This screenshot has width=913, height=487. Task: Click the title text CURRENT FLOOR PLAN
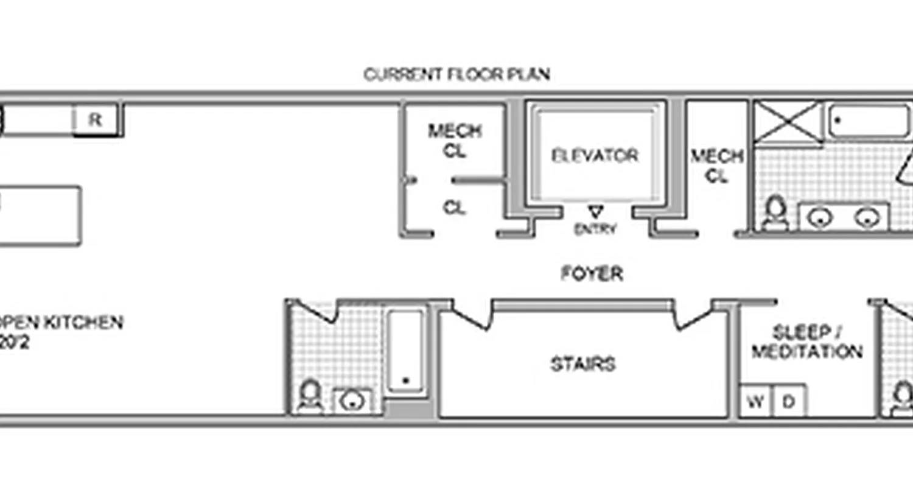pos(456,74)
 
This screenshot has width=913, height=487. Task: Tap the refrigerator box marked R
pos(95,120)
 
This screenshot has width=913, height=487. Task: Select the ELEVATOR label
pos(595,156)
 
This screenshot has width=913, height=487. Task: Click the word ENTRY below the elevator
pos(595,229)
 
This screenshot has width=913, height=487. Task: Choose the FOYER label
pos(592,274)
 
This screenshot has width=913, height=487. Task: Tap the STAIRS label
pos(583,364)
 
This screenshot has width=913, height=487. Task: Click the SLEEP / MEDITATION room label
pos(807,342)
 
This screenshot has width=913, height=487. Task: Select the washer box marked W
pos(755,402)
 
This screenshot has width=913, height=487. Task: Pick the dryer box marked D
pos(789,402)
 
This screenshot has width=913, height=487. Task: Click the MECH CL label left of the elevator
pos(455,141)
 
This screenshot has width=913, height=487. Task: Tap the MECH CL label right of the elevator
pos(717,166)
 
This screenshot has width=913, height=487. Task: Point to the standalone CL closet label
pos(454,208)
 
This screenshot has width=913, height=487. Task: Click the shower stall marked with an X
pos(786,122)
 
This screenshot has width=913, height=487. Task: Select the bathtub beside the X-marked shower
pos(869,121)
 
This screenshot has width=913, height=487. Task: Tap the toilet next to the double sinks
pos(775,214)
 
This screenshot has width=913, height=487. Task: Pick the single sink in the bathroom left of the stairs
pos(351,401)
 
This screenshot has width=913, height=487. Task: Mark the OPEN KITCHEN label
pos(61,323)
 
